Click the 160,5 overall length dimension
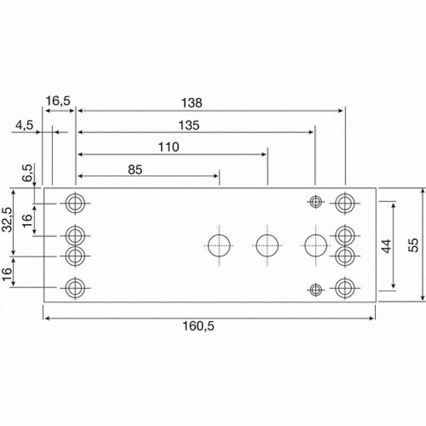(198, 326)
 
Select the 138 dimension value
(192, 103)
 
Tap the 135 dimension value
(189, 125)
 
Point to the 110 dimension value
(168, 147)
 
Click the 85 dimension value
(135, 170)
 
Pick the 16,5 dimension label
(58, 101)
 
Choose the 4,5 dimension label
(24, 125)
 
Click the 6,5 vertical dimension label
(28, 173)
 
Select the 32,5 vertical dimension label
(7, 219)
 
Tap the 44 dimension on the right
(386, 246)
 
